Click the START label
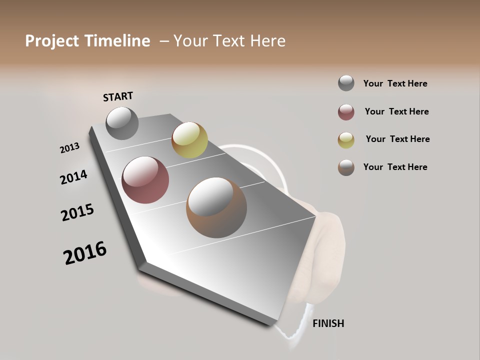coord(118,96)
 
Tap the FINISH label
coord(328,323)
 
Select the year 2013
coord(69,148)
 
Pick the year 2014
coord(73,177)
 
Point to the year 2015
coord(77,212)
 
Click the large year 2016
coord(85,253)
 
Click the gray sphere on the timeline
coord(122,123)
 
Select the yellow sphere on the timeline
coord(189,139)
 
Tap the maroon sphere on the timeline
coord(145,180)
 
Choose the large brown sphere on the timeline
coord(216,207)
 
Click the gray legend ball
coord(346,83)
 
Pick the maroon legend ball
coord(346,112)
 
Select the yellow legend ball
coord(346,140)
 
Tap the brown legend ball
coord(346,167)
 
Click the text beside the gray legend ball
coord(395,83)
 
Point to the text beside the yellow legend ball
coord(397,139)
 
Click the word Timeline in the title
coord(117,41)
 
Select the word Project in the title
coord(52,41)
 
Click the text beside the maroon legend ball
coord(396,111)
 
